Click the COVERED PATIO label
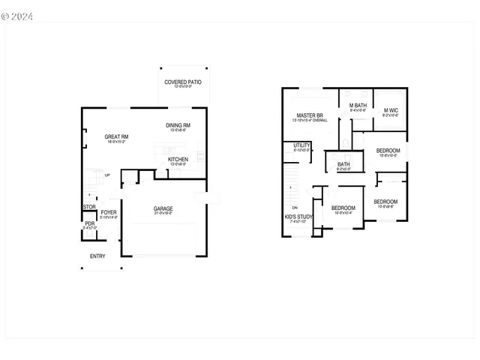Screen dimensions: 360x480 pyautogui.click(x=183, y=82)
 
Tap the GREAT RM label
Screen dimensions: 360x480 pyautogui.click(x=116, y=136)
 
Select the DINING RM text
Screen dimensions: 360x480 pyautogui.click(x=178, y=125)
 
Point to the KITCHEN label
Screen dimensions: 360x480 pyautogui.click(x=178, y=160)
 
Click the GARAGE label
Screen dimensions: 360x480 pyautogui.click(x=163, y=208)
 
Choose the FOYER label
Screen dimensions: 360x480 pyautogui.click(x=109, y=212)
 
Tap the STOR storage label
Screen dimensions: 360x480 pyautogui.click(x=89, y=207)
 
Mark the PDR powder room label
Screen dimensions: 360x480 pyautogui.click(x=89, y=223)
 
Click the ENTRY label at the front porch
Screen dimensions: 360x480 pyautogui.click(x=97, y=256)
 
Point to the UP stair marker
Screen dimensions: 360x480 pyautogui.click(x=107, y=175)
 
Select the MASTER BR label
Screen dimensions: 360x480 pyautogui.click(x=309, y=115)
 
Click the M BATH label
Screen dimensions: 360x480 pyautogui.click(x=357, y=106)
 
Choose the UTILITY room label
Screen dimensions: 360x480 pyautogui.click(x=302, y=145)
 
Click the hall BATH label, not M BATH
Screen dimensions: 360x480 pyautogui.click(x=343, y=164)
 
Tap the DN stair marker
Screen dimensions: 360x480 pyautogui.click(x=295, y=207)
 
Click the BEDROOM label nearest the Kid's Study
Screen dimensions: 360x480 pyautogui.click(x=343, y=208)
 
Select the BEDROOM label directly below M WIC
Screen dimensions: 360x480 pyautogui.click(x=388, y=151)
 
